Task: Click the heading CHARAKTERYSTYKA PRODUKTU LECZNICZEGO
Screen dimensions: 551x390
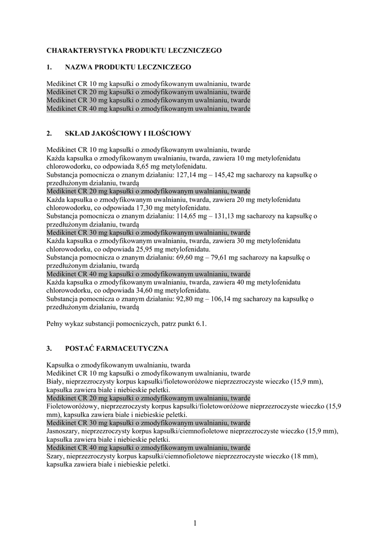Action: pos(134,50)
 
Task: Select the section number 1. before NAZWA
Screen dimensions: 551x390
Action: pos(50,67)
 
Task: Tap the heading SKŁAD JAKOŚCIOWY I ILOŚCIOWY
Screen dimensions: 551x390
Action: pos(128,133)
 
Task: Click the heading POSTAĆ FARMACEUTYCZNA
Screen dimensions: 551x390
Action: pos(117,348)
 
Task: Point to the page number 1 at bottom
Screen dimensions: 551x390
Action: pos(194,522)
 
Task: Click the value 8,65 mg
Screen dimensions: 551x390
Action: pos(141,166)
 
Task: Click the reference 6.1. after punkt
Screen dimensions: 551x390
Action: pos(200,324)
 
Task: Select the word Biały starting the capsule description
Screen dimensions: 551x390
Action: pos(55,382)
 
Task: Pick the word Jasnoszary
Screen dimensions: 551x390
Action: pos(64,431)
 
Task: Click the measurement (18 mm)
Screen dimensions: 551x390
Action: pos(304,456)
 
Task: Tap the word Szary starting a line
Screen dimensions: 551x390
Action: pos(55,456)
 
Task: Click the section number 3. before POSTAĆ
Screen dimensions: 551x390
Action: pos(50,348)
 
